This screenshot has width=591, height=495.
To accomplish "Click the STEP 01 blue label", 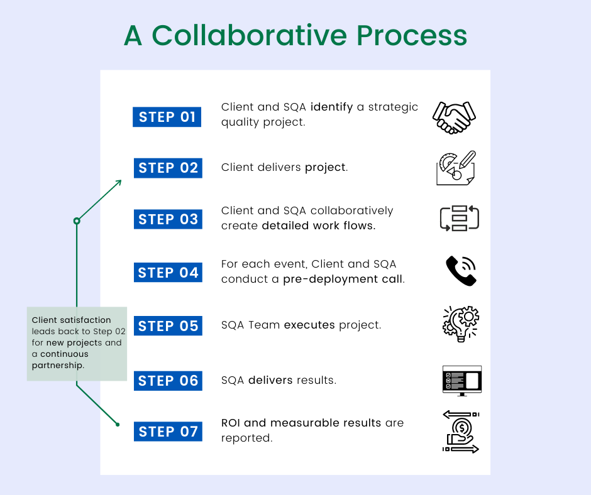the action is click(167, 117).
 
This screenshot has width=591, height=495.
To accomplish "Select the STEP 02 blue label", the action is click(168, 168).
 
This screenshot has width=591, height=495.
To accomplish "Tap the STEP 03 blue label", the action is click(168, 219).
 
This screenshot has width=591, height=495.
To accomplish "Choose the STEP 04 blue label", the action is click(168, 273).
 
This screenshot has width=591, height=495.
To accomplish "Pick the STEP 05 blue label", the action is click(168, 326).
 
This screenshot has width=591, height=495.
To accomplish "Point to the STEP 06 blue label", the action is click(168, 381).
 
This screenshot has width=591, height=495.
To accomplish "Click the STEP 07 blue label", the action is click(168, 432).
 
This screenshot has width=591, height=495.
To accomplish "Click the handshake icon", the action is click(454, 117).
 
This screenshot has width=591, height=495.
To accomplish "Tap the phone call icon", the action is click(461, 271).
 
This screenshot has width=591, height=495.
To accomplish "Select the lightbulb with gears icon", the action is click(461, 324).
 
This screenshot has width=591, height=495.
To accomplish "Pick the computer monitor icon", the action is click(461, 381).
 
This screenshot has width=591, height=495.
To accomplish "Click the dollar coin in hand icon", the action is click(461, 432).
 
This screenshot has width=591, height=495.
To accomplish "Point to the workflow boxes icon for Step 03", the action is click(460, 218).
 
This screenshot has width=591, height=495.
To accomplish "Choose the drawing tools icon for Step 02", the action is click(456, 168).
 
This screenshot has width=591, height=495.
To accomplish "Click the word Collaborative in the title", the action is click(249, 35).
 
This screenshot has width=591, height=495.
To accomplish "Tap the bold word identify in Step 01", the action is click(332, 107).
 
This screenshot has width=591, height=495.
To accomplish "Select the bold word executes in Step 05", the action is click(309, 325).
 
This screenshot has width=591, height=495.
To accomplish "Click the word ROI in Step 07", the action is click(230, 423).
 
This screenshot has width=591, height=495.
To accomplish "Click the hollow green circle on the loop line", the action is click(77, 220).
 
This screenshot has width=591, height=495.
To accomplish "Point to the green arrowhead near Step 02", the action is click(119, 182).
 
